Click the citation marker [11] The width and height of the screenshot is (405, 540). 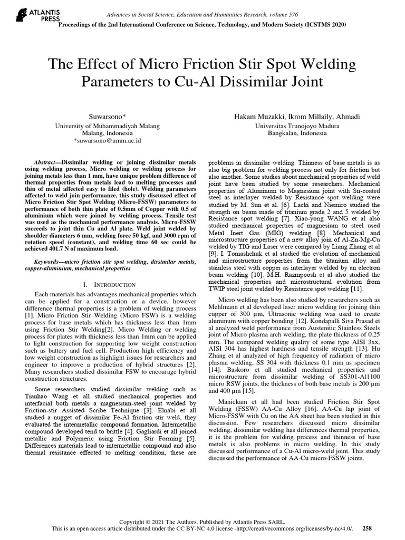[x=355, y=289]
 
